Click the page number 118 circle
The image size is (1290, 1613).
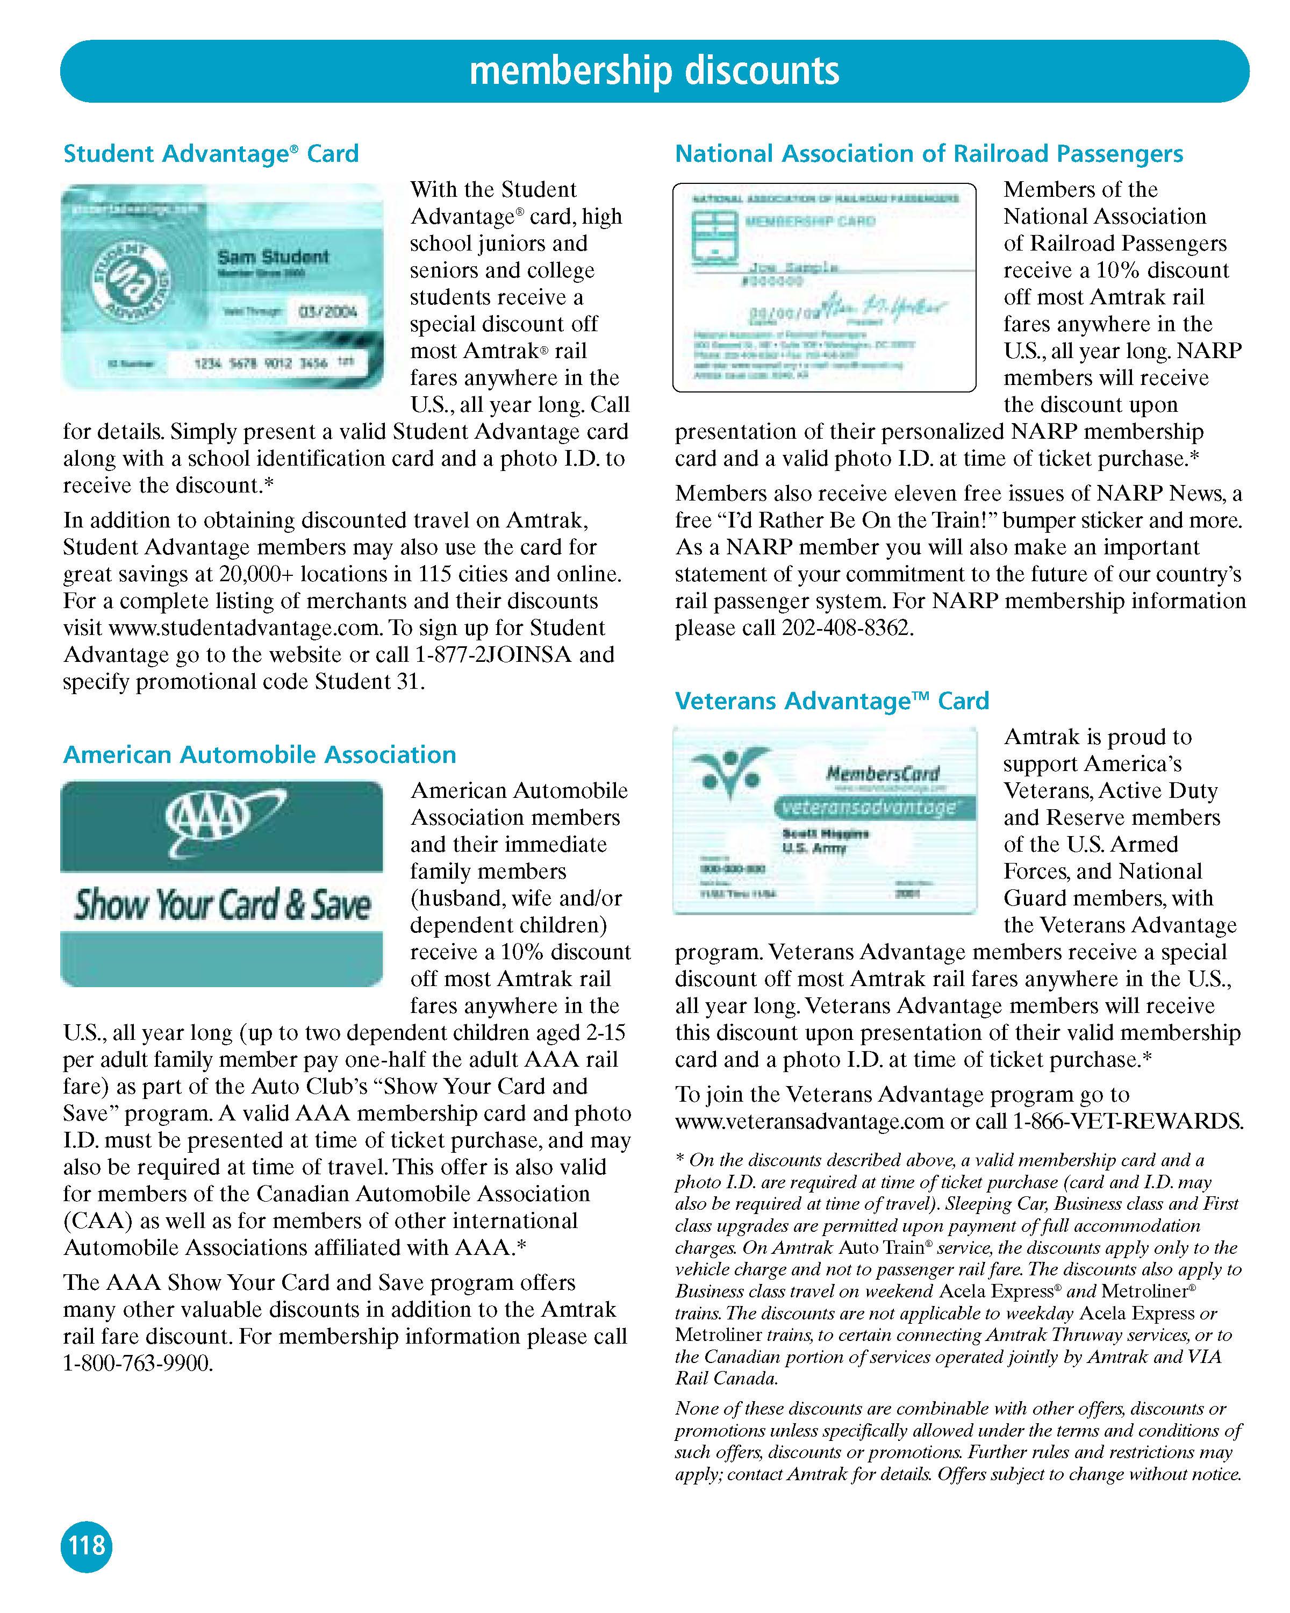pos(86,1544)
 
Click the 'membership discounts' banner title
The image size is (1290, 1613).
pos(654,71)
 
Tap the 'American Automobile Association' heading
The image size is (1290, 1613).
pos(260,754)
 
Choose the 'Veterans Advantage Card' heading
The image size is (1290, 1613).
pos(832,701)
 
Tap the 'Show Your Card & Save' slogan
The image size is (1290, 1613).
pos(222,904)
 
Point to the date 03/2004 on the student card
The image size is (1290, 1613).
pos(327,311)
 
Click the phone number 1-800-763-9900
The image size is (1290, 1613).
pos(138,1363)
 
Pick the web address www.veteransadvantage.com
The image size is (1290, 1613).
pos(809,1122)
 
